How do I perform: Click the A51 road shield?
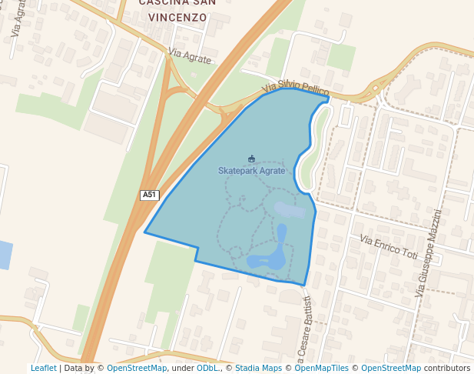coord(149,195)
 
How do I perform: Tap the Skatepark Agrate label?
coord(251,171)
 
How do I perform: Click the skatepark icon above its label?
coord(251,159)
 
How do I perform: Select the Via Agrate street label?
coord(189,56)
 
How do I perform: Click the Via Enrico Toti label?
coord(389,248)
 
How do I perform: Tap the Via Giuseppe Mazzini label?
coord(429,253)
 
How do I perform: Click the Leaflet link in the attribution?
coord(43,368)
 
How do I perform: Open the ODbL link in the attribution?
coord(207,368)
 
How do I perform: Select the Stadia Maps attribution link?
coord(259,368)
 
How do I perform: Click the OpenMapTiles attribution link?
coord(323,368)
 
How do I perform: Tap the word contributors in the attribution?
coord(446,368)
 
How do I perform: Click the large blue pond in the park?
coord(269,259)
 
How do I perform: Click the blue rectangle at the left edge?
coord(5,255)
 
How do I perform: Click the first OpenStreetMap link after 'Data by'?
coord(137,368)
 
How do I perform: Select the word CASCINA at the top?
coord(163,3)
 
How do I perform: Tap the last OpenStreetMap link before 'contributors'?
coord(391,368)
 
